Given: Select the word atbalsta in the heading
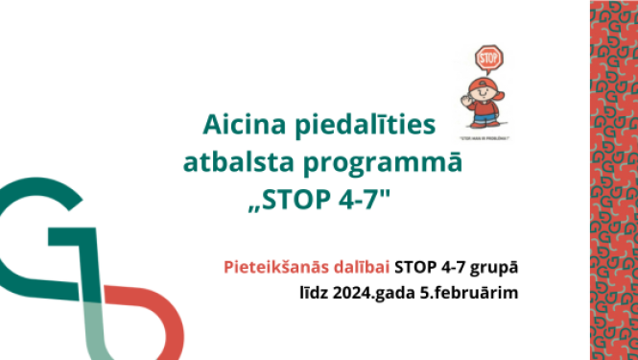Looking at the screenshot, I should pyautogui.click(x=248, y=163).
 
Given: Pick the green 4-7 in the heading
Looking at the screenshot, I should pyautogui.click(x=367, y=203).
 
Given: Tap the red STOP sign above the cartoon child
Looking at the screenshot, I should pyautogui.click(x=489, y=57).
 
